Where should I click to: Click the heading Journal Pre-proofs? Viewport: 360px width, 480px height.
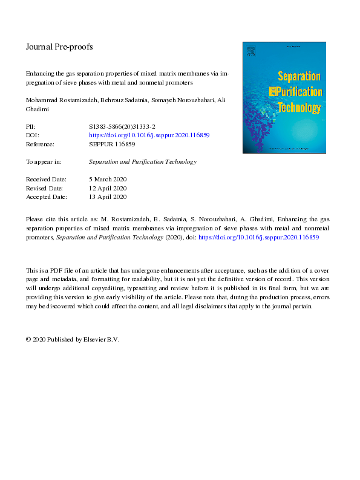click(x=59, y=46)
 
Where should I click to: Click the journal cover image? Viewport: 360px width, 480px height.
click(x=284, y=97)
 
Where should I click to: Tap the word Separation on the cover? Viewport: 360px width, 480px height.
click(x=298, y=77)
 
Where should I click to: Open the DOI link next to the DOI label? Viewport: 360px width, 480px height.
click(x=149, y=135)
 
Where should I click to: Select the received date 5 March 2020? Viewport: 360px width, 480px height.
click(x=107, y=180)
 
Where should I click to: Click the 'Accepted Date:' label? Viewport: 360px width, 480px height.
click(x=48, y=196)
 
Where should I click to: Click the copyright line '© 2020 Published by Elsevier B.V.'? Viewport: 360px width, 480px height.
click(x=73, y=339)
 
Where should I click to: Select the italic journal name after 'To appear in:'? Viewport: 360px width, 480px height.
click(x=142, y=162)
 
